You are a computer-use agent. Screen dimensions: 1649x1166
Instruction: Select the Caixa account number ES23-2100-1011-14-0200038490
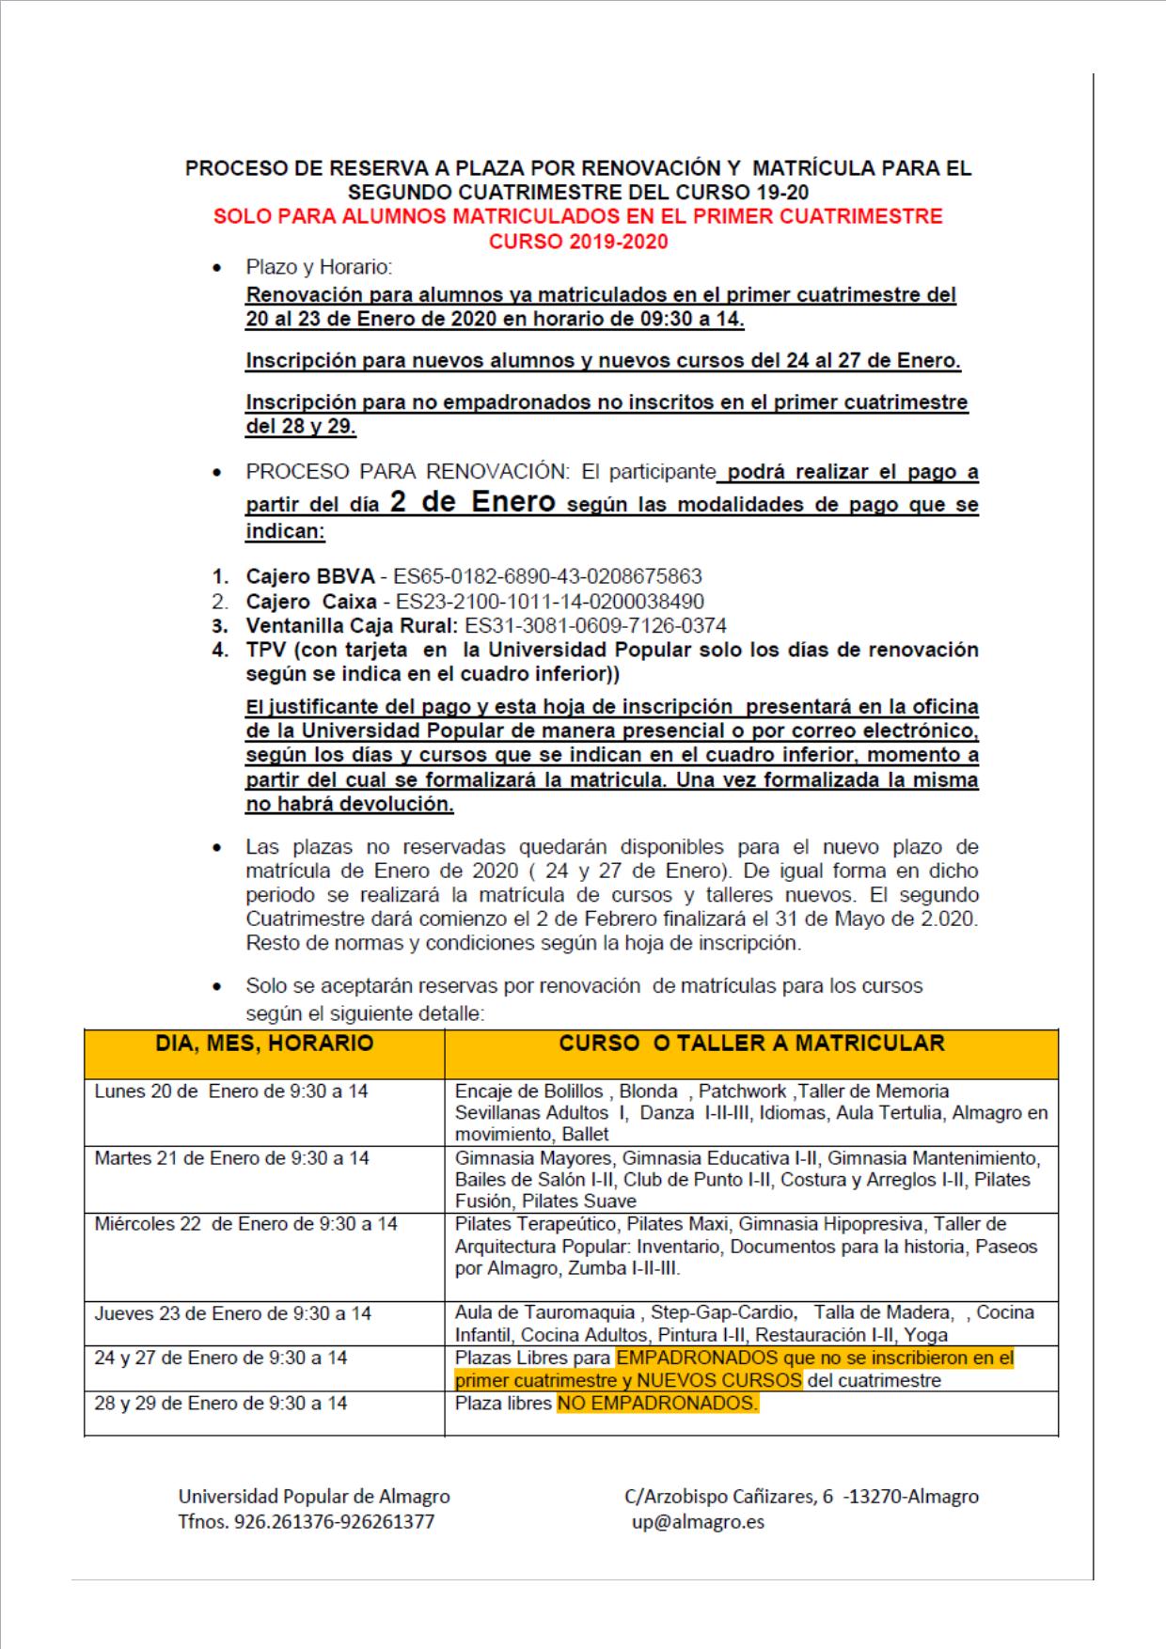(x=550, y=601)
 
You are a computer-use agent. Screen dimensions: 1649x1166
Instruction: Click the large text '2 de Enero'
(x=473, y=502)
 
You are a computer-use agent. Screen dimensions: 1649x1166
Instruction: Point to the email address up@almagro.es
(x=698, y=1521)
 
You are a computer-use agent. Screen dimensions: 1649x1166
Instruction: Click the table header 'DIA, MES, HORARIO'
(x=264, y=1043)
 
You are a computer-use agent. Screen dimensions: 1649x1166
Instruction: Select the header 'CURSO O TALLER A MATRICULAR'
(x=751, y=1043)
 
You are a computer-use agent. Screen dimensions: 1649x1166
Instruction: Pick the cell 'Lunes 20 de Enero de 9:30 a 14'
(x=231, y=1091)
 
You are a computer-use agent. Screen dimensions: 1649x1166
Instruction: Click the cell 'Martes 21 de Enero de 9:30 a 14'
(x=232, y=1158)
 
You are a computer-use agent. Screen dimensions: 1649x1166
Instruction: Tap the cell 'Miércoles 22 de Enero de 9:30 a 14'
(x=246, y=1224)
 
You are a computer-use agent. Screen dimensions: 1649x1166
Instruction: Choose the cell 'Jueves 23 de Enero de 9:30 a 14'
(x=233, y=1313)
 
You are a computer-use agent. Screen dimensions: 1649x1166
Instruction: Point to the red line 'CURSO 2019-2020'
(x=578, y=242)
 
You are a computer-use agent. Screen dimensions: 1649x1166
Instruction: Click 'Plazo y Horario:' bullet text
(x=319, y=268)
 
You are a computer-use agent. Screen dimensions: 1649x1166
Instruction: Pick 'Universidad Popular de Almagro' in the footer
(x=314, y=1496)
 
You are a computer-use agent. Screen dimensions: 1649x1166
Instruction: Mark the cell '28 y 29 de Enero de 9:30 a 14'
(x=221, y=1404)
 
